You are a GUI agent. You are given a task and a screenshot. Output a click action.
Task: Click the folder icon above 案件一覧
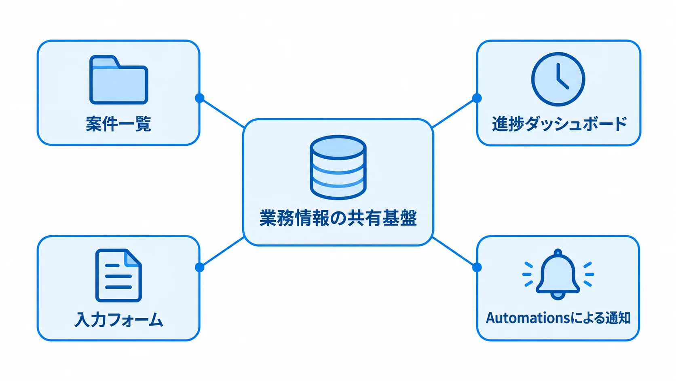point(118,80)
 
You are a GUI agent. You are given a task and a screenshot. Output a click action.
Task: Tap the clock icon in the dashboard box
point(558,79)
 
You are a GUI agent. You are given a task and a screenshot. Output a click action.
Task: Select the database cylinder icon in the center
point(338,167)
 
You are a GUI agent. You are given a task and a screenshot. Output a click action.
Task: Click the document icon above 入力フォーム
point(118,275)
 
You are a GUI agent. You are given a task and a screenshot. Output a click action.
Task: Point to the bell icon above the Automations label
point(558,274)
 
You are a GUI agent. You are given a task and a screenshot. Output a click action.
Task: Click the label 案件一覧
point(118,124)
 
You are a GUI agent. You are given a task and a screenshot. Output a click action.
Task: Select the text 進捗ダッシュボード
point(559,124)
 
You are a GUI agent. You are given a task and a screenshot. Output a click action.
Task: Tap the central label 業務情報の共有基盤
point(338,218)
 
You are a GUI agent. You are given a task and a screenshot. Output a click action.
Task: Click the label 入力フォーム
point(118,320)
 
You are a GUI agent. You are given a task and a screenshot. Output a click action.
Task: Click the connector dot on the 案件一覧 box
point(199,98)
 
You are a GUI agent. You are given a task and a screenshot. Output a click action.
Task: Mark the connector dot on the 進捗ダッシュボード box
point(477,98)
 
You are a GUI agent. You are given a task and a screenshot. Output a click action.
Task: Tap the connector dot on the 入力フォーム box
point(199,267)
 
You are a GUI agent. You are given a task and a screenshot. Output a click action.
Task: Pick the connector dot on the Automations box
point(477,267)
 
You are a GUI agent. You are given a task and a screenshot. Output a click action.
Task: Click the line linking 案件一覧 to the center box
point(222,113)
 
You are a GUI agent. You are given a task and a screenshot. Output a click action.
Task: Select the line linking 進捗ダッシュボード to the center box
point(454,113)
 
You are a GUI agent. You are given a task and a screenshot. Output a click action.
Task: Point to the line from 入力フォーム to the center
point(222,252)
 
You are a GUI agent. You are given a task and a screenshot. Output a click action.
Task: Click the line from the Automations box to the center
point(454,252)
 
